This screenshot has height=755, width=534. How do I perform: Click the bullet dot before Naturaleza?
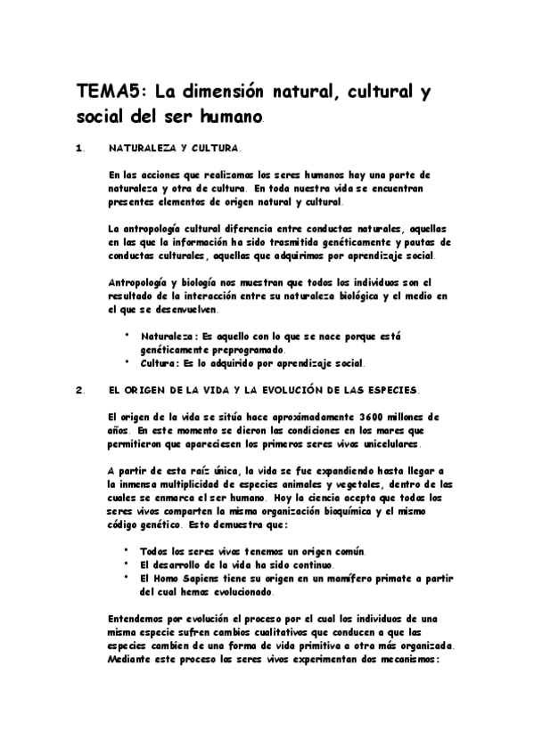point(128,336)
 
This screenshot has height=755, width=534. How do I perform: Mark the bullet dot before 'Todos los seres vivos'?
point(128,551)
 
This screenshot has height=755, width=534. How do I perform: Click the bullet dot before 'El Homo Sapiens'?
point(128,578)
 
